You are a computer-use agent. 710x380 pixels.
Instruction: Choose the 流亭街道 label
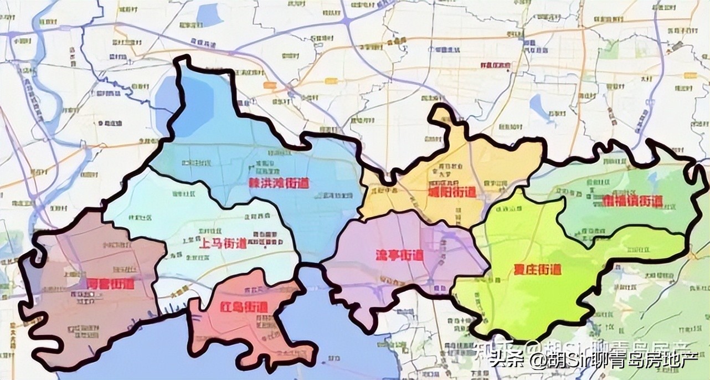pyautogui.click(x=395, y=256)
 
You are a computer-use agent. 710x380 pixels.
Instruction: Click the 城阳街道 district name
pyautogui.click(x=452, y=192)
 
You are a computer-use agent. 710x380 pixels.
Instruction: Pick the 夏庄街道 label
pyautogui.click(x=534, y=270)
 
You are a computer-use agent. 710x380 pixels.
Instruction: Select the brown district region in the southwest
pyautogui.click(x=83, y=321)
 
